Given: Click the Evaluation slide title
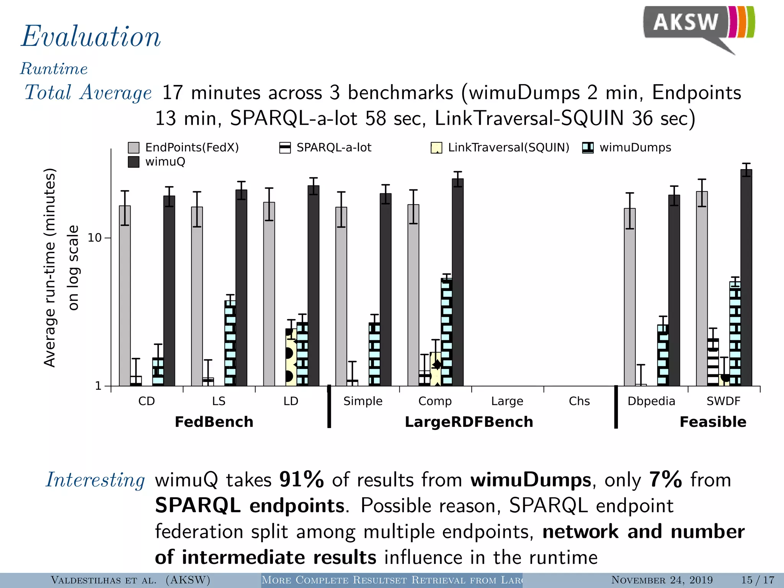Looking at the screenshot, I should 91,37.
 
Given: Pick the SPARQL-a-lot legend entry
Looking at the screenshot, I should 325,147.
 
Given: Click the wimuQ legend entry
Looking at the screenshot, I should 157,162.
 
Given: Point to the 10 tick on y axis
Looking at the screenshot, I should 95,238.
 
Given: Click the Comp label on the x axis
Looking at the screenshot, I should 435,401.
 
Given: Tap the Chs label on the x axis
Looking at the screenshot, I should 579,401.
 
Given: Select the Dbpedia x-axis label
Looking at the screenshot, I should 651,401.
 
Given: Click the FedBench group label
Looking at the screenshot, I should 214,422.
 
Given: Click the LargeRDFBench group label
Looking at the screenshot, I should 469,422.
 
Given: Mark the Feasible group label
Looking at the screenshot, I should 713,422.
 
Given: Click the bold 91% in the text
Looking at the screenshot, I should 302,480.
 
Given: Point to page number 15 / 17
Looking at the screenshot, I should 758,580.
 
